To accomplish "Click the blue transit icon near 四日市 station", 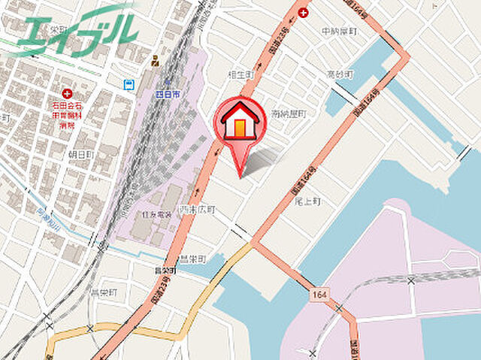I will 129,85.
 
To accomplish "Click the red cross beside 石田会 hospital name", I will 67,94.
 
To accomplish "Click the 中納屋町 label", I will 338,32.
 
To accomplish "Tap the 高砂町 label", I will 340,74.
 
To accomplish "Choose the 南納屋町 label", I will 290,113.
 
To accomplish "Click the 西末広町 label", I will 197,209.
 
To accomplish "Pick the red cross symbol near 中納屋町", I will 303,13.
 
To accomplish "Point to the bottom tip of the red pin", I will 240,177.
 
